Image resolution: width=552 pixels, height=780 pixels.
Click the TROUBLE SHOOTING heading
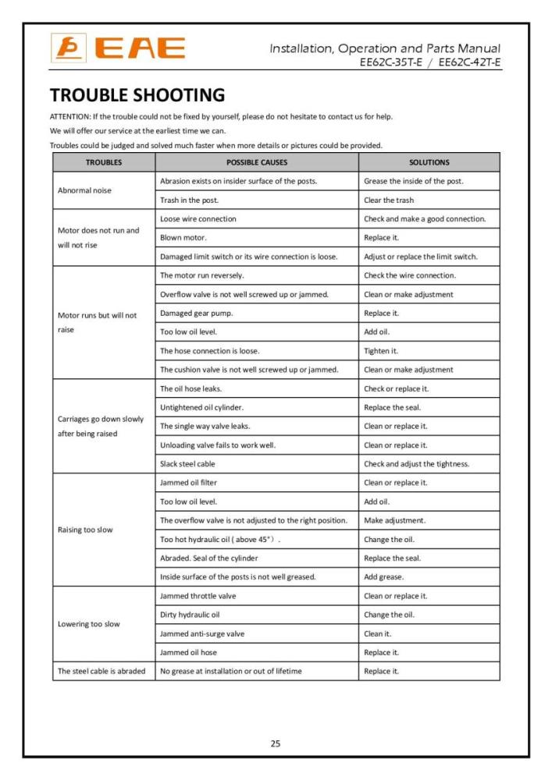(x=137, y=95)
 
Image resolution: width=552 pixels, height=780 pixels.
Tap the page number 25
(x=276, y=743)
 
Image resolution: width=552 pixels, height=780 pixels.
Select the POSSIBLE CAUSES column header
(x=257, y=162)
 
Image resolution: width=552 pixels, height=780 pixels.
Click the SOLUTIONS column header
(x=429, y=162)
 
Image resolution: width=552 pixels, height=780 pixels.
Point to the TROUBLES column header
(x=104, y=162)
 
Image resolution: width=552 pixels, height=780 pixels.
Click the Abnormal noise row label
(x=84, y=190)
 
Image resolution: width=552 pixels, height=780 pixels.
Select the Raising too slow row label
(x=85, y=530)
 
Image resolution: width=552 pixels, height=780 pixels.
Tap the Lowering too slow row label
(x=89, y=624)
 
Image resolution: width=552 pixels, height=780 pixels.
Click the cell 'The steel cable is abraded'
(x=101, y=671)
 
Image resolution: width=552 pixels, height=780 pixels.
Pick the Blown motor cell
(x=183, y=237)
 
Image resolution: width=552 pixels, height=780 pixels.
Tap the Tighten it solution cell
(x=381, y=350)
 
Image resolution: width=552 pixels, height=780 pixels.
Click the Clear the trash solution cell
(x=389, y=200)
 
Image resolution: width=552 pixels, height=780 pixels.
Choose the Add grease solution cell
(x=384, y=576)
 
